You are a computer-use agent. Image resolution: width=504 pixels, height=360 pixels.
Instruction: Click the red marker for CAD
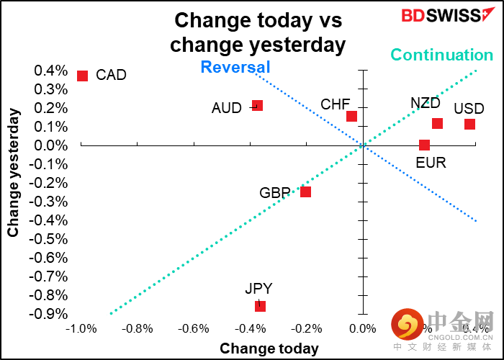[x=82, y=76]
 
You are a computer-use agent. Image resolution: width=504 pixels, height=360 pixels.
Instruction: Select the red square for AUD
[x=257, y=106]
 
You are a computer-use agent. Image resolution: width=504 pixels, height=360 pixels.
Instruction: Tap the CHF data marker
[x=351, y=116]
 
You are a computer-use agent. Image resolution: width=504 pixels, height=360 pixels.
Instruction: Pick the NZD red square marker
[x=437, y=123]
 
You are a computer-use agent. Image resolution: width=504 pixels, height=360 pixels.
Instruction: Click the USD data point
[x=469, y=124]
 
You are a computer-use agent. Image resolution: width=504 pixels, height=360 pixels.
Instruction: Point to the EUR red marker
[x=424, y=145]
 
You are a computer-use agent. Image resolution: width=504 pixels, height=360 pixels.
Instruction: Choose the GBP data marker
[x=305, y=192]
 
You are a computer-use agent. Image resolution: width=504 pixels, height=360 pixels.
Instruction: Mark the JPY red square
[x=260, y=306]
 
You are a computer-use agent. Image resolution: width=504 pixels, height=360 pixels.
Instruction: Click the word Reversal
[x=235, y=68]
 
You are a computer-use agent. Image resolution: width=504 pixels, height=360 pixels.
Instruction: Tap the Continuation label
[x=441, y=55]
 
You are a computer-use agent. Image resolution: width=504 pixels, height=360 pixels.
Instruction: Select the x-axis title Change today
[x=269, y=348]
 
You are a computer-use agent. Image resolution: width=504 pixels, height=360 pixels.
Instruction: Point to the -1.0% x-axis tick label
[x=81, y=329]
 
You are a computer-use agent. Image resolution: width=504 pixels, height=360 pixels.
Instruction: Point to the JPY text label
[x=258, y=289]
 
